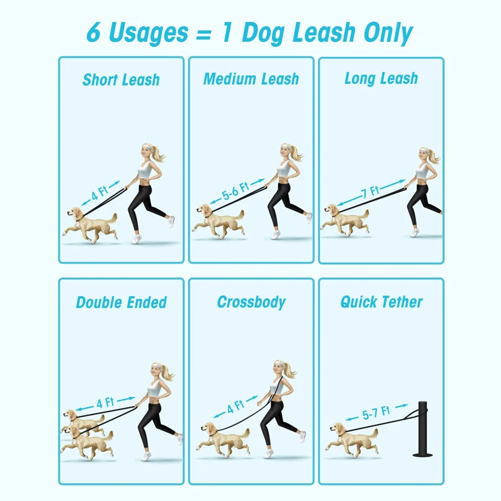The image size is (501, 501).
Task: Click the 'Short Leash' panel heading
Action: (x=121, y=80)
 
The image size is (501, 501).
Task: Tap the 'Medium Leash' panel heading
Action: (x=251, y=79)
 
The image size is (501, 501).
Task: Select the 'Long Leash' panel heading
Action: (x=381, y=79)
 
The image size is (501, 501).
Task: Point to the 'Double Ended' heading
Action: (x=121, y=302)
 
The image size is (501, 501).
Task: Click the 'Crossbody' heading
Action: (x=252, y=302)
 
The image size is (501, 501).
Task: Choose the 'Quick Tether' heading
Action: (x=381, y=302)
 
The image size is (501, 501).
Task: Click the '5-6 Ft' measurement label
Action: (x=235, y=191)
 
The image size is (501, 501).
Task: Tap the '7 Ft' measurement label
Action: (x=370, y=192)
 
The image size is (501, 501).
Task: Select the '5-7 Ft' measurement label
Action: (x=376, y=413)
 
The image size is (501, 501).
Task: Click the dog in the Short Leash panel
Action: (x=90, y=224)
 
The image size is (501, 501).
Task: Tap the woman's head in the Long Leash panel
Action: (x=426, y=154)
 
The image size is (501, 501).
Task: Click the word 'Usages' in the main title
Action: (x=149, y=33)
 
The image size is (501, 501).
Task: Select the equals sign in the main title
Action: (x=204, y=34)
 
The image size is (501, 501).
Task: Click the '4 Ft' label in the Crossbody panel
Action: (x=235, y=406)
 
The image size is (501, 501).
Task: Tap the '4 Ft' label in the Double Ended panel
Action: (x=105, y=403)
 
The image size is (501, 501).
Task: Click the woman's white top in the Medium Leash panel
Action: (x=284, y=168)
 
